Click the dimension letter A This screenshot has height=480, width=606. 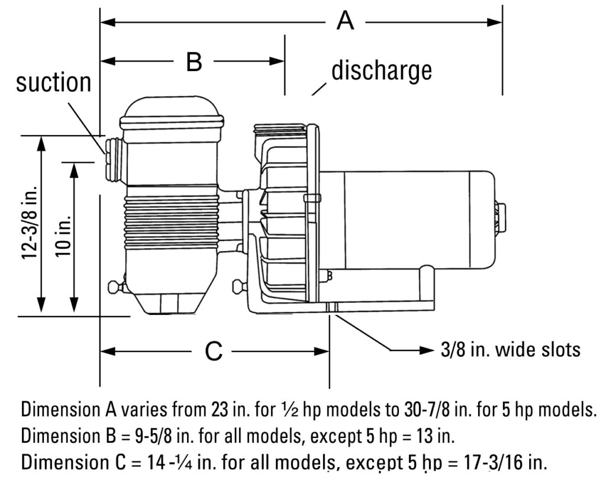pyautogui.click(x=345, y=22)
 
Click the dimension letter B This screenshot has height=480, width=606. pyautogui.click(x=194, y=61)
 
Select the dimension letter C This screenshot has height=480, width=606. pyautogui.click(x=213, y=352)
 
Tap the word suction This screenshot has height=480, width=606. pyautogui.click(x=54, y=83)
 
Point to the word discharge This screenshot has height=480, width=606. pyautogui.click(x=381, y=70)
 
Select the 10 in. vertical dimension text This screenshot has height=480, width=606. pyautogui.click(x=64, y=236)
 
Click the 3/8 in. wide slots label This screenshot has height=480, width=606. pyautogui.click(x=510, y=349)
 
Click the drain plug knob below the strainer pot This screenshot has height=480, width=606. pyautogui.click(x=114, y=288)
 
